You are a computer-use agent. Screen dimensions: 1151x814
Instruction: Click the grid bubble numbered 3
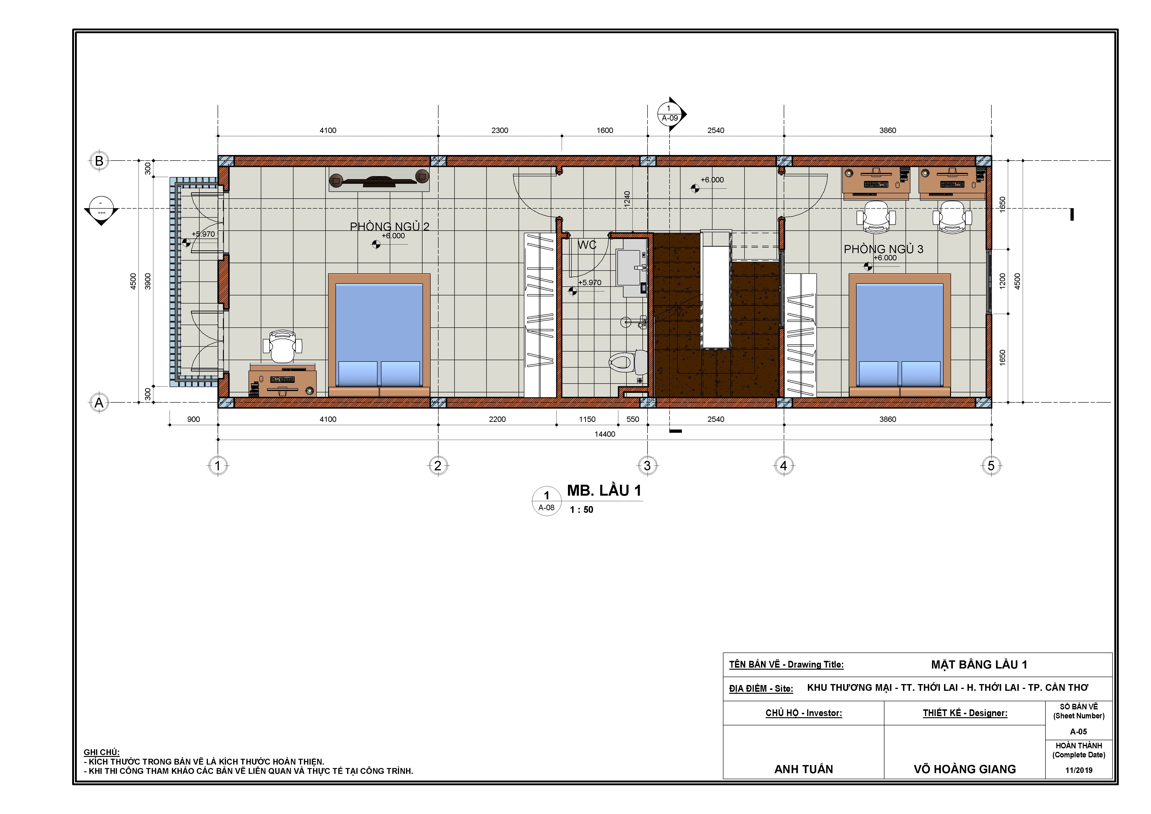click(647, 466)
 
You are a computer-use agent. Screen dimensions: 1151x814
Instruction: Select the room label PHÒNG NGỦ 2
click(390, 226)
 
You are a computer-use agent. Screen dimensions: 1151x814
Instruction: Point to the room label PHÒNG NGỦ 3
click(883, 249)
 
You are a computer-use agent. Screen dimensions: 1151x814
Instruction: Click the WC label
click(587, 245)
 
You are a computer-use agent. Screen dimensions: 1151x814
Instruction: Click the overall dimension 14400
click(605, 434)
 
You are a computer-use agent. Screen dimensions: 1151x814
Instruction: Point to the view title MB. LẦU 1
click(604, 491)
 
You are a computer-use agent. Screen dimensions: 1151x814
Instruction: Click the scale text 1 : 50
click(581, 510)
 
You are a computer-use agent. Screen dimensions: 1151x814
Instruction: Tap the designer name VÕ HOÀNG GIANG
click(964, 769)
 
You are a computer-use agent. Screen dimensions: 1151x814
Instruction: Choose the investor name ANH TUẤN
click(804, 769)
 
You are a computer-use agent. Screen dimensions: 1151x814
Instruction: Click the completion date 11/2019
click(1079, 770)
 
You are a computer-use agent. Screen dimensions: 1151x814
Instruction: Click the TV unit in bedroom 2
click(379, 179)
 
